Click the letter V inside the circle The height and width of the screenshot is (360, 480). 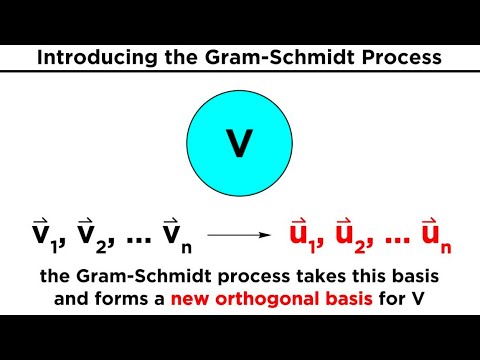(239, 144)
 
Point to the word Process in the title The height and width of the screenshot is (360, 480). (397, 59)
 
